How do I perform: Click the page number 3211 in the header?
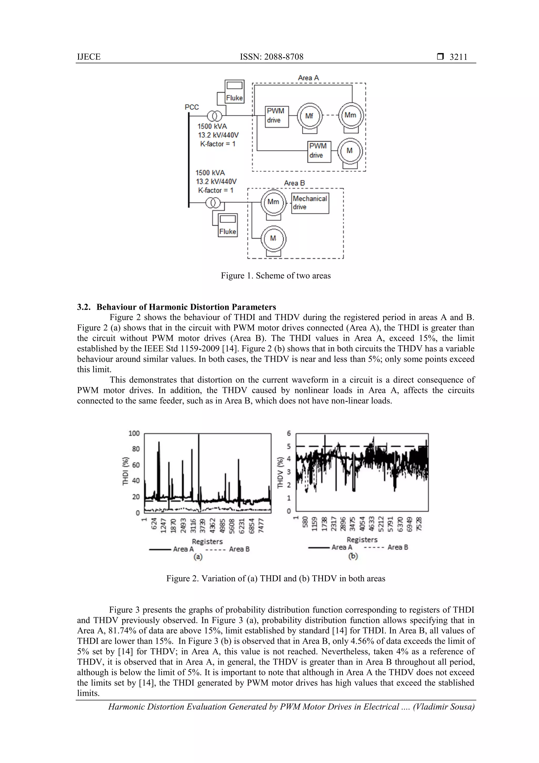(x=458, y=57)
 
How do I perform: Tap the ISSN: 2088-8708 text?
(x=271, y=57)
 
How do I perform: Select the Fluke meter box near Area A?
(x=234, y=92)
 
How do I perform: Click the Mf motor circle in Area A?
(x=309, y=116)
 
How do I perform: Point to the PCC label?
(x=192, y=107)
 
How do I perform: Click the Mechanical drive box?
(x=310, y=203)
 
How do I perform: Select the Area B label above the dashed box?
(x=294, y=183)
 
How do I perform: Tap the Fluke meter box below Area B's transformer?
(x=227, y=225)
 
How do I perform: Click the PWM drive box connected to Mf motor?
(x=276, y=116)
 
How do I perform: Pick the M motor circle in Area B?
(x=273, y=238)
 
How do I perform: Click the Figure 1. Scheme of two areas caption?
(x=276, y=275)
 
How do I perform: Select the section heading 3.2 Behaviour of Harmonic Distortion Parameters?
(x=176, y=307)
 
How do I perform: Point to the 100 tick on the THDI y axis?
(x=134, y=433)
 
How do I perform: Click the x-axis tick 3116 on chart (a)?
(x=193, y=525)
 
